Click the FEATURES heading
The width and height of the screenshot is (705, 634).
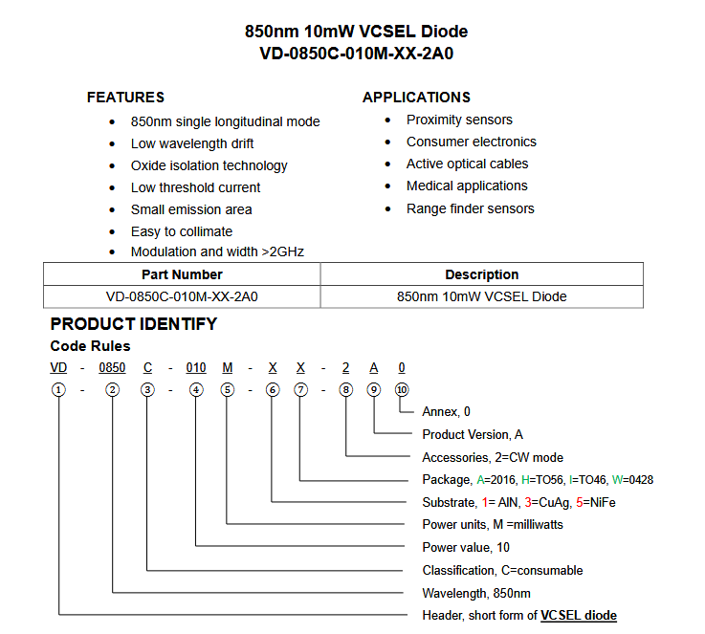[125, 98]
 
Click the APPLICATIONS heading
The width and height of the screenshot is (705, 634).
[416, 98]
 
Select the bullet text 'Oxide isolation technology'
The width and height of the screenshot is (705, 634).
[209, 165]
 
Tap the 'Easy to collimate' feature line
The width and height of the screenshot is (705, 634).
[181, 231]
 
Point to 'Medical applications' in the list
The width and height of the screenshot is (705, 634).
[467, 186]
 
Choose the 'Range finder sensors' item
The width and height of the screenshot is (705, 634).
[470, 208]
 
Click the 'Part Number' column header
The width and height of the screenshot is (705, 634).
[182, 274]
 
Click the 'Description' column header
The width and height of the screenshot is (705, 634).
[481, 274]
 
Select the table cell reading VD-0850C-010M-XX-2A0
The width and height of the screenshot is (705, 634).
[182, 296]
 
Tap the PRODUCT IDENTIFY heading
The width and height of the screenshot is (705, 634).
[133, 324]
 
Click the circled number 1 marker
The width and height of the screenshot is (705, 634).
[59, 389]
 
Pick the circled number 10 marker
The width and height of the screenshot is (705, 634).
[402, 389]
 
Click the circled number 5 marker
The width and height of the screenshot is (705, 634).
[227, 389]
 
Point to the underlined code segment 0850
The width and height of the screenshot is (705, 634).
[113, 368]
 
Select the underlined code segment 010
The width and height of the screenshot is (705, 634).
[195, 368]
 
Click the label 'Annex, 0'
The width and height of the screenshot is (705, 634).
[446, 412]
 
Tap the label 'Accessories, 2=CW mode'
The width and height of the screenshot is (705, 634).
[492, 457]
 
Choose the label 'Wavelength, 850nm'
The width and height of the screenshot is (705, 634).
[476, 593]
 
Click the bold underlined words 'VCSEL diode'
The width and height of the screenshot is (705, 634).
[578, 615]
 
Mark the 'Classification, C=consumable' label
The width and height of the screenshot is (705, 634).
[502, 570]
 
